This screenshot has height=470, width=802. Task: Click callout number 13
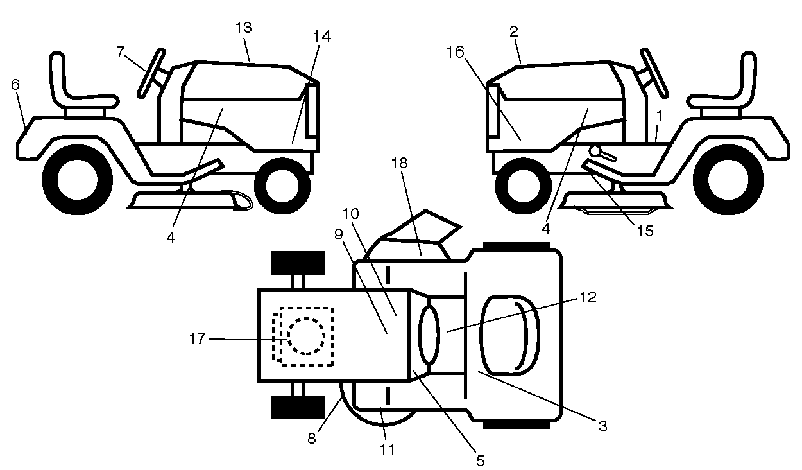(244, 28)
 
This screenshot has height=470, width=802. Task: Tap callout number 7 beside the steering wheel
(121, 52)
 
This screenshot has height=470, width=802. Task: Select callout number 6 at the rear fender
(15, 85)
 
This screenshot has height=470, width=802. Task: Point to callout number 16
(456, 52)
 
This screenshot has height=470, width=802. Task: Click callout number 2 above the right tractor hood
(514, 32)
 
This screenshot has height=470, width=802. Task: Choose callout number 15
(645, 231)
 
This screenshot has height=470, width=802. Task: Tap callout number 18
(399, 163)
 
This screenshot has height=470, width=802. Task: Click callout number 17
(197, 338)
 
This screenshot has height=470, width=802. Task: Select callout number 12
(588, 297)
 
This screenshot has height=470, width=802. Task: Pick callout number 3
(603, 426)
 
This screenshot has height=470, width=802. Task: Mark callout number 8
(312, 439)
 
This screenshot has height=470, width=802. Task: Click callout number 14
(322, 37)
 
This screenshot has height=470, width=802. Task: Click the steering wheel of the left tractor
(151, 73)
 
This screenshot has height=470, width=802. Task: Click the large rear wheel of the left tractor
(78, 180)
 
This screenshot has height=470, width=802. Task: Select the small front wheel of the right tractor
(523, 186)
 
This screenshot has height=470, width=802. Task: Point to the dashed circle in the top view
(306, 336)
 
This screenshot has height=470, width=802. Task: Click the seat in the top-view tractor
(510, 336)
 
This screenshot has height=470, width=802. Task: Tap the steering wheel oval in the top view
(429, 335)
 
